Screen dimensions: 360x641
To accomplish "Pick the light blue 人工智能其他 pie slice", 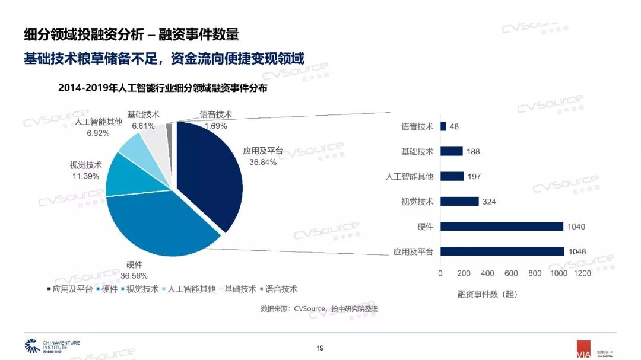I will point(132,146).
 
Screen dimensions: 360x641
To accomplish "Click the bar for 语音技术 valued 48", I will point(443,126).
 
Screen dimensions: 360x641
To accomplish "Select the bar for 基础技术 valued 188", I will point(451,151).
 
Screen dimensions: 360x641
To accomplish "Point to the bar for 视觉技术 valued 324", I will point(459,202).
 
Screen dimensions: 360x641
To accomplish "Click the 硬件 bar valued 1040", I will point(502,227).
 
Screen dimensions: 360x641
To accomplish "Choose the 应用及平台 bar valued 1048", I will point(502,251).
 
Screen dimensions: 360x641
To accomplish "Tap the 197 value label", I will point(474,177).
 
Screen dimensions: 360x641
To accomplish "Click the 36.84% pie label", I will point(263,162).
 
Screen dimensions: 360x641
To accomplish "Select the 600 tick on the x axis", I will point(512,273).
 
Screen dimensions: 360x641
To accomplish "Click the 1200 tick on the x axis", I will point(582,273).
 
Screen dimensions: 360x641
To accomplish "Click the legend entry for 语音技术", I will point(277,289).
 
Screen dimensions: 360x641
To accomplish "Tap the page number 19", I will point(320,348).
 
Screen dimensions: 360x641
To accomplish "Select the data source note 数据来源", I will point(319,308).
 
